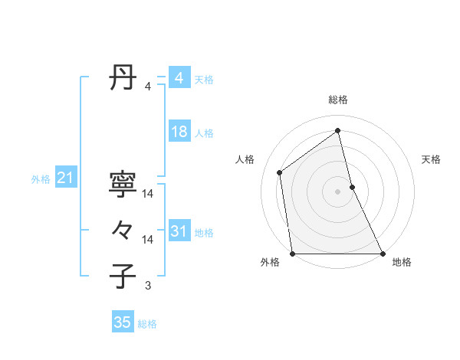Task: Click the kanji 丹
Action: (x=123, y=78)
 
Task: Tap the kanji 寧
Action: (x=123, y=184)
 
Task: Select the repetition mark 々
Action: (x=123, y=230)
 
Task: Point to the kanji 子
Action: (x=123, y=276)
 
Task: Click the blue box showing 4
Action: (x=179, y=78)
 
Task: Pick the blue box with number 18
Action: (x=179, y=133)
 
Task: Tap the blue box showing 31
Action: (x=179, y=231)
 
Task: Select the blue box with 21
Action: (x=65, y=178)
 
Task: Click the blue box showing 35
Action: (x=123, y=322)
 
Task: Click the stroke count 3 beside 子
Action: (x=148, y=286)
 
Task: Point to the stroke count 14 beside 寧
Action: (x=148, y=194)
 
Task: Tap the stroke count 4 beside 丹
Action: (x=148, y=87)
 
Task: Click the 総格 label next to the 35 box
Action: (x=147, y=324)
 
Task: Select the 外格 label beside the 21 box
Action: (x=41, y=180)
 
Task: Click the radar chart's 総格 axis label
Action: (x=338, y=100)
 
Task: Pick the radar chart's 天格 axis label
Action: (x=431, y=159)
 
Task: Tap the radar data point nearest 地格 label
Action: (x=382, y=254)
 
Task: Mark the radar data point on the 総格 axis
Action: (x=338, y=130)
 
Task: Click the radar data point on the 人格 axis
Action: (x=280, y=172)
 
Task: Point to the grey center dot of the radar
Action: (x=338, y=191)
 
